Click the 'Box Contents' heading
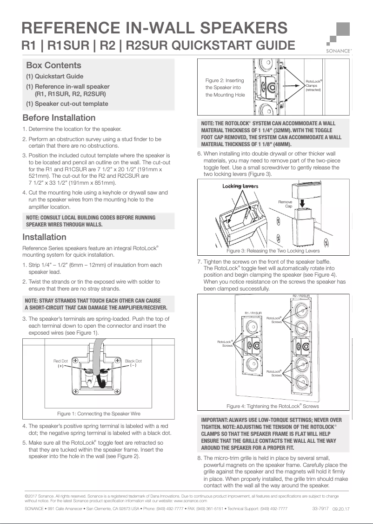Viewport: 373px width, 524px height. pos(53,65)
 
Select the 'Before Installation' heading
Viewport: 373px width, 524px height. pos(59,118)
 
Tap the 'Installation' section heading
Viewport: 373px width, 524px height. pos(45,237)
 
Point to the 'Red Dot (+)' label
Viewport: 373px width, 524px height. pos(60,363)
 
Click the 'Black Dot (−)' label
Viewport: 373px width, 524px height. pos(133,363)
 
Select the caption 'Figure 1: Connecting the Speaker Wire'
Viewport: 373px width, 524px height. pos(99,414)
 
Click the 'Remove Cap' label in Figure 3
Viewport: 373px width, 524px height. pos(286,204)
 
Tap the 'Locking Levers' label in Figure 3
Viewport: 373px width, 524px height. pos(240,186)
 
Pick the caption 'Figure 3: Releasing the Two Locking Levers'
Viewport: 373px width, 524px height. pos(273,251)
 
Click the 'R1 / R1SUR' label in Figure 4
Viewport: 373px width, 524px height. pos(253,313)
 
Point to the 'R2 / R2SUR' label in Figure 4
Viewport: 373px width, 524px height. pos(301,296)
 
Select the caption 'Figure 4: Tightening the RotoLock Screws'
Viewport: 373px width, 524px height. pos(273,406)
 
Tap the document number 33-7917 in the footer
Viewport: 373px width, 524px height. pos(320,509)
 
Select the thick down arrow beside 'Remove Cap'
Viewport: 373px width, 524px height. pos(302,203)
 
